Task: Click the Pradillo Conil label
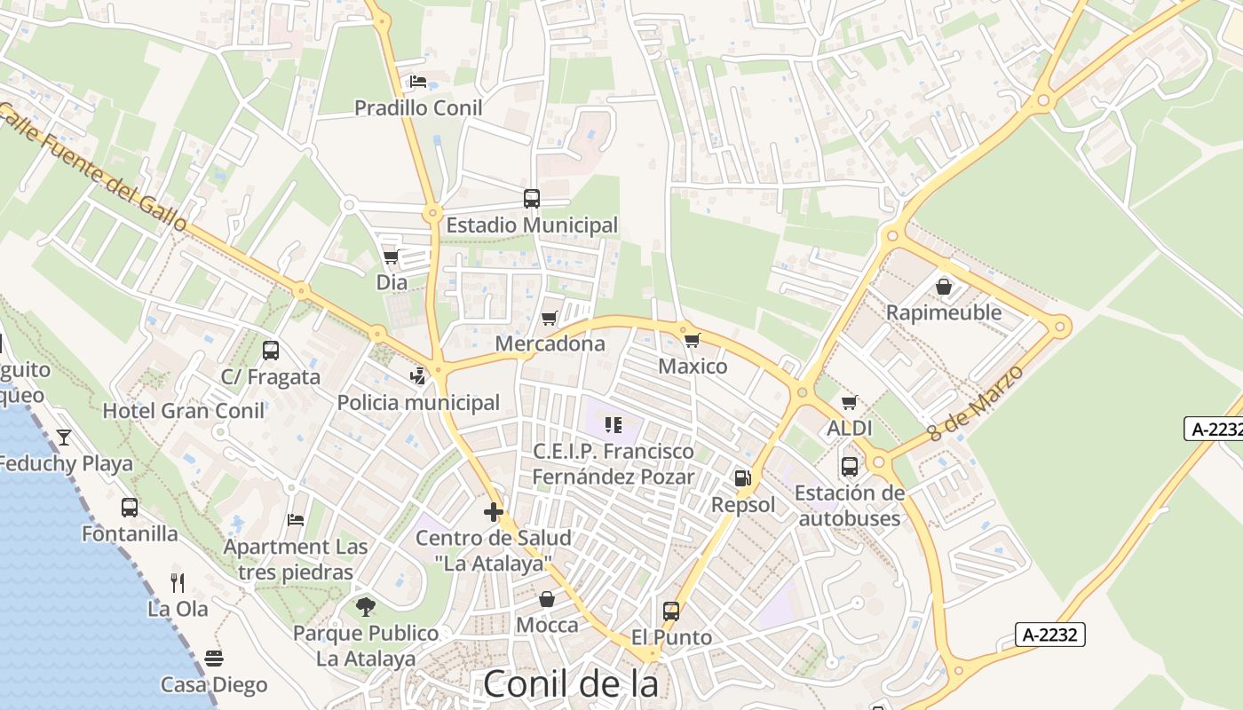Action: coord(418,108)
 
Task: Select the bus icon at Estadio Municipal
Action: coord(532,199)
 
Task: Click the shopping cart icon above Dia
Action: coord(392,257)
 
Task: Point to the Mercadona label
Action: coord(550,343)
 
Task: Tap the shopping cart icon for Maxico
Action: coord(693,340)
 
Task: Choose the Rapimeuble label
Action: coord(944,312)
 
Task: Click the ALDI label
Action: coord(850,429)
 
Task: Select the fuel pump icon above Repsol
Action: coord(742,478)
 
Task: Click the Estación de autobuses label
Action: coord(850,506)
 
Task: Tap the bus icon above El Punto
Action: coord(671,611)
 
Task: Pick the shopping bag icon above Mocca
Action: coord(547,599)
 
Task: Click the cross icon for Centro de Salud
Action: coord(494,512)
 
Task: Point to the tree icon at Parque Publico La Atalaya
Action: coord(365,607)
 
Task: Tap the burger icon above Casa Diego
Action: coord(214,659)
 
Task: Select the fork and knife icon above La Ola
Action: coord(178,583)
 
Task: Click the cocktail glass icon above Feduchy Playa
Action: coord(64,437)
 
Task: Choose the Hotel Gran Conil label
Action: coord(184,411)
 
